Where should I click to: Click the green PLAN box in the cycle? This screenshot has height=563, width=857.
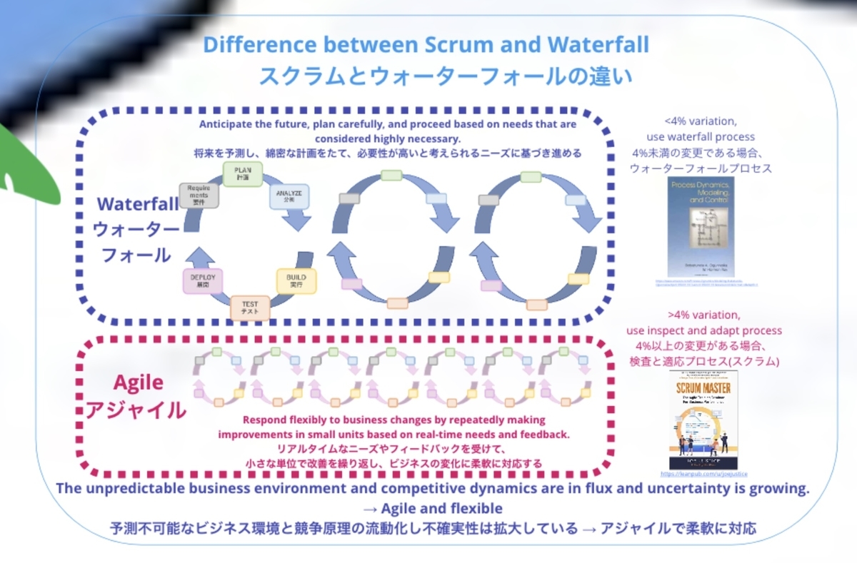pos(243,174)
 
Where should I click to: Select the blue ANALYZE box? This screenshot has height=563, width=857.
pos(289,196)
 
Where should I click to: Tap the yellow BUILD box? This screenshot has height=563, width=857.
pos(296,280)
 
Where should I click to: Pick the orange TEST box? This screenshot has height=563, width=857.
pos(250,308)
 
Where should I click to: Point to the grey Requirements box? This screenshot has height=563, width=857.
pos(199,195)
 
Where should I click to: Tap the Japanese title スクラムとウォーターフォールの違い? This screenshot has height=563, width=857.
pos(426,76)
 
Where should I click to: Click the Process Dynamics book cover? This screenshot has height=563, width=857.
pos(700,227)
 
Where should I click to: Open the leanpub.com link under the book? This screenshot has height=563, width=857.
pos(703,473)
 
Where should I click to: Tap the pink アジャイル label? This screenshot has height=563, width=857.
pos(136,410)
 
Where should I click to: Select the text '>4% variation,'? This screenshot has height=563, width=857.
pos(703,315)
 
